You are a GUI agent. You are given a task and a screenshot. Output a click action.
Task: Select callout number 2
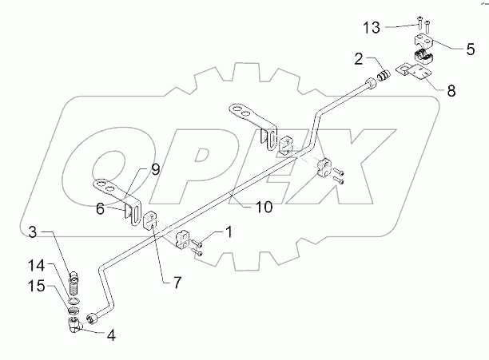coord(360,58)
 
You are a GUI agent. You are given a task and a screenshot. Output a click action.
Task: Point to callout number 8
coord(451,91)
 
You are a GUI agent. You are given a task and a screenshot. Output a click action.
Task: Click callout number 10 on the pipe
coord(264,206)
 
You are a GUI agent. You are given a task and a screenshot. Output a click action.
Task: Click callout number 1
coord(229,232)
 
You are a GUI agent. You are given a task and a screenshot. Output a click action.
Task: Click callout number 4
coord(111,335)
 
